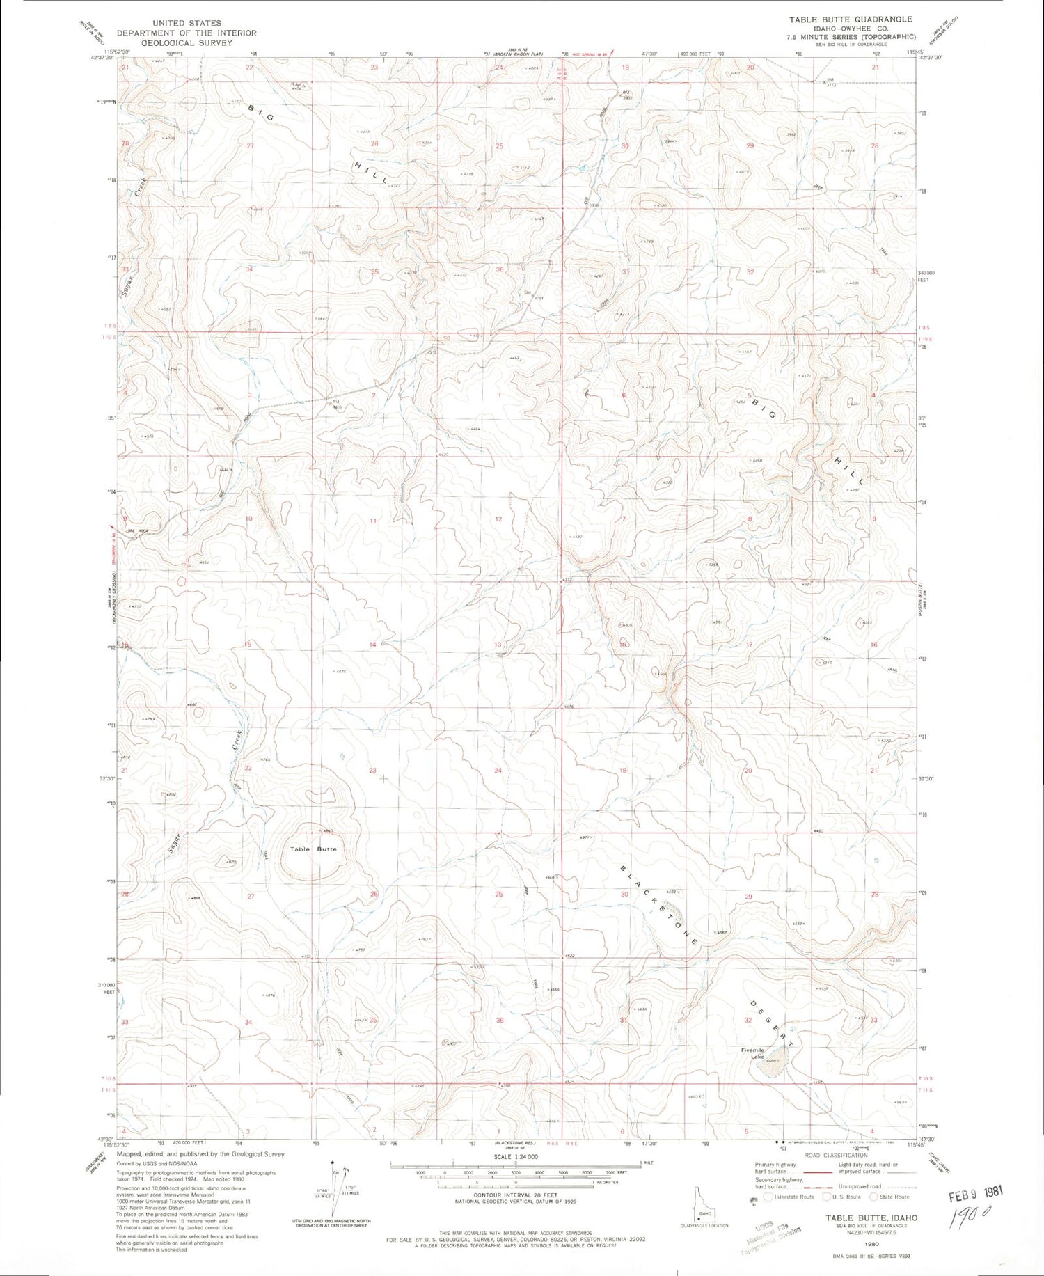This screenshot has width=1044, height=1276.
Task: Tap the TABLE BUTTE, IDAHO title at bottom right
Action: pos(871,1218)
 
